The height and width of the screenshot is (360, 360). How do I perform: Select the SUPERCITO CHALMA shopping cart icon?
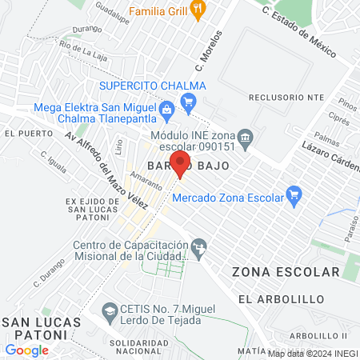(x=189, y=100)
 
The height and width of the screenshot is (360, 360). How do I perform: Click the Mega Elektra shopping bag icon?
(x=166, y=109)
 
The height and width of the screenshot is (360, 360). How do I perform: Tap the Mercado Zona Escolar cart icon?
(x=294, y=193)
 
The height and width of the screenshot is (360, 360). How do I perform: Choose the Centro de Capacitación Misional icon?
(x=199, y=245)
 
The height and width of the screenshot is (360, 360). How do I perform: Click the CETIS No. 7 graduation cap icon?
(x=109, y=309)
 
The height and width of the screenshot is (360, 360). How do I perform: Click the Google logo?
(x=27, y=350)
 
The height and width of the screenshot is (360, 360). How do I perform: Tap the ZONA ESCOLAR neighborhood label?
(x=286, y=272)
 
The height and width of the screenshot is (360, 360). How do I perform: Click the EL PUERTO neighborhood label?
(x=22, y=134)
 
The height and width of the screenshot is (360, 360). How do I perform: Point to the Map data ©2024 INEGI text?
(x=312, y=353)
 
